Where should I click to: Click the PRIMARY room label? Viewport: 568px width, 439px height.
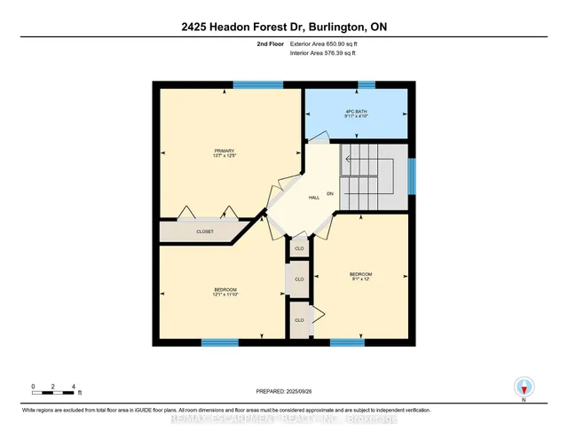coord(223,151)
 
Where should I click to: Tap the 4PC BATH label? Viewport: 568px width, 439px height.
coord(356,110)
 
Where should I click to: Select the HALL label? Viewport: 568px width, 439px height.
coord(314,197)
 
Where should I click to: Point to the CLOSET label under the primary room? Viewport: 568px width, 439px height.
coord(205,231)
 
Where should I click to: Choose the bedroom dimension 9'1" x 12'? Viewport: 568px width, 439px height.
coord(361,279)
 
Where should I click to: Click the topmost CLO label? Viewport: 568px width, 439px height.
coord(299,248)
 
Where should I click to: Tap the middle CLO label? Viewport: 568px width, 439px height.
coord(299,279)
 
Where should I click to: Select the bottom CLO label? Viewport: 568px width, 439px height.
coord(299,319)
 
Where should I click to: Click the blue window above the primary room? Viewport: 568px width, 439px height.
coord(258,84)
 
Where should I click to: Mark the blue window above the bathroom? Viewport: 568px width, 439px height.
coord(367,84)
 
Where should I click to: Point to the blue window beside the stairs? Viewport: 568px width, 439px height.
coord(411,175)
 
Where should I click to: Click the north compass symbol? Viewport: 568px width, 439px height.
coord(525,387)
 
